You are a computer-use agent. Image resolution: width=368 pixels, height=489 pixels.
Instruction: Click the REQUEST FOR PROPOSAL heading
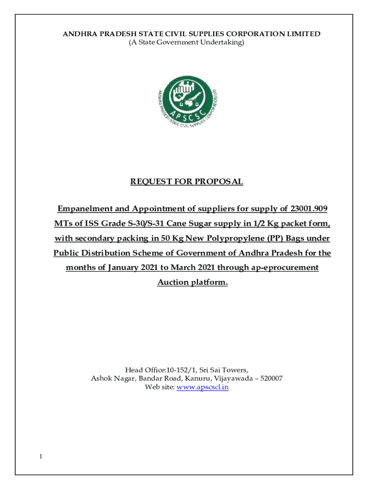[187, 182]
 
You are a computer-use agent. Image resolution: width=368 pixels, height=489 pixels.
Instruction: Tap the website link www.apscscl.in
[203, 387]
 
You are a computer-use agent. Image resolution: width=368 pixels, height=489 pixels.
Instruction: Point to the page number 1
[41, 457]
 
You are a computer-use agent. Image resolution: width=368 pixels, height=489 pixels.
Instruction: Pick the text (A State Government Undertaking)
[186, 43]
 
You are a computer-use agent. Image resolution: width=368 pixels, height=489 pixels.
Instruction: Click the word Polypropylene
[230, 238]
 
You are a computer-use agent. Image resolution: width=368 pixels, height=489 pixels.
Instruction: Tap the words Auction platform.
[193, 283]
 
